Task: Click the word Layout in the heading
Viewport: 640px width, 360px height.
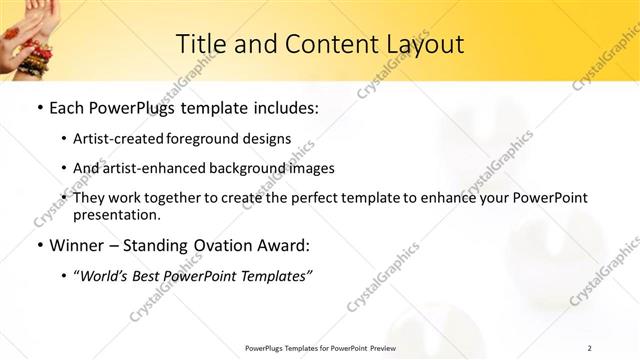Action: (x=427, y=44)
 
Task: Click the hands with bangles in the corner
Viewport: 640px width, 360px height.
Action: (x=25, y=35)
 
